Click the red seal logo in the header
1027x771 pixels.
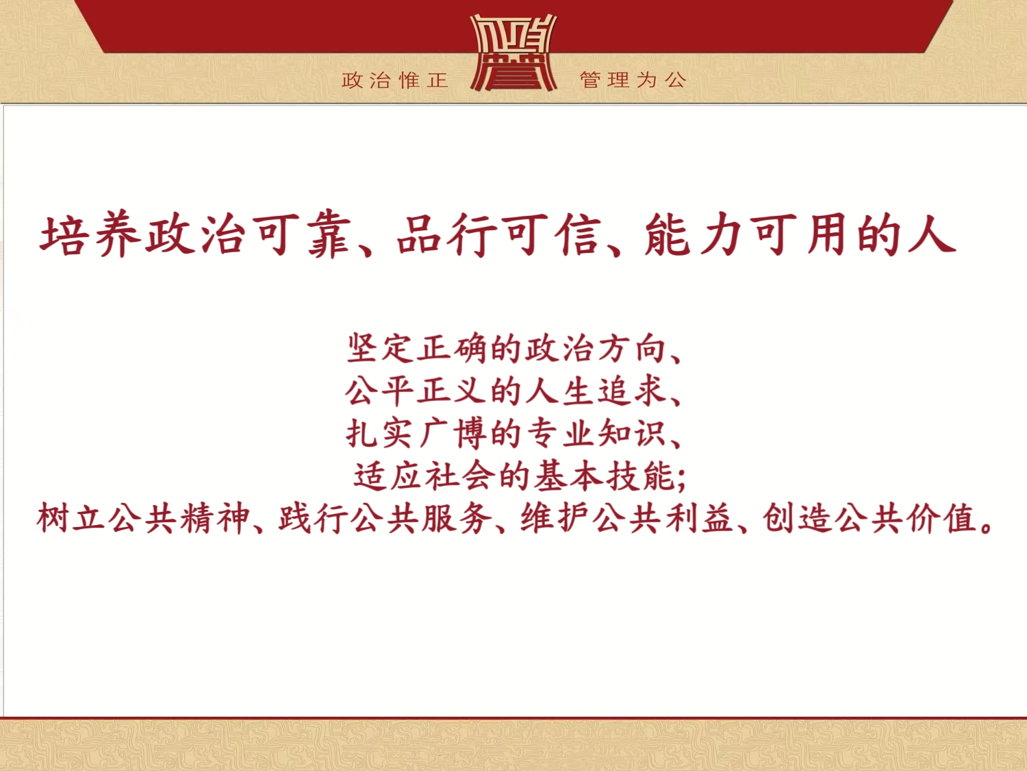click(513, 53)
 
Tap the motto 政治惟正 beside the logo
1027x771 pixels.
click(395, 80)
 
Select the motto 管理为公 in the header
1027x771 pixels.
click(633, 80)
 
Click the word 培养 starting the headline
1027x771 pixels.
click(90, 234)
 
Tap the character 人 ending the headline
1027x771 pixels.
click(931, 234)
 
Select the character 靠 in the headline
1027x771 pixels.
click(330, 235)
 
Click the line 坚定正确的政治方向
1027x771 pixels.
click(507, 349)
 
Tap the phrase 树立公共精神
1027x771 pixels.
click(143, 519)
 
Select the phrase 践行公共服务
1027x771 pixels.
click(385, 519)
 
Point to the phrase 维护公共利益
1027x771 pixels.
click(626, 519)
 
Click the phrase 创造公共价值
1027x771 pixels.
click(869, 519)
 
